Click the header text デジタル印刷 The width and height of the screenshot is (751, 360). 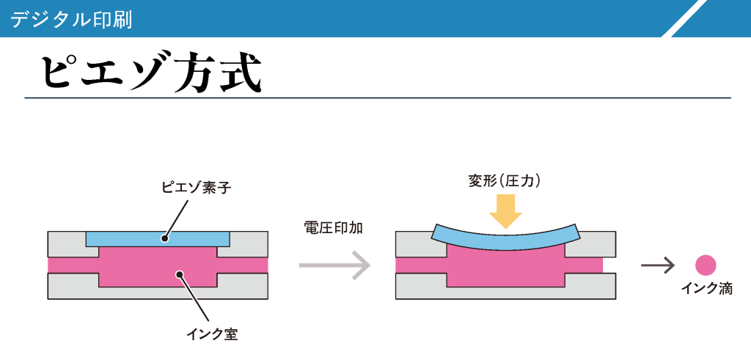tap(72, 19)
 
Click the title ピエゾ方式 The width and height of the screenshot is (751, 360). tap(150, 72)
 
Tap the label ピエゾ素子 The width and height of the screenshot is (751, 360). tap(196, 188)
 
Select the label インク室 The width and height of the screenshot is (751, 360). tap(212, 335)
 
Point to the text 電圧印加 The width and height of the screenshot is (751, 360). tap(333, 227)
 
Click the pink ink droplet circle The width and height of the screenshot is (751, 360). tap(706, 265)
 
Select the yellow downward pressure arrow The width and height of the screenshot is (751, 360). tap(505, 210)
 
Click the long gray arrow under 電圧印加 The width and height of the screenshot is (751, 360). tap(334, 265)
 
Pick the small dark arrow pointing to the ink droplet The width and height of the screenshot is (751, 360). tap(657, 265)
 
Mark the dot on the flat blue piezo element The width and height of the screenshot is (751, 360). tap(166, 238)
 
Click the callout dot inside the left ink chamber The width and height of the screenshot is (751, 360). tap(178, 275)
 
